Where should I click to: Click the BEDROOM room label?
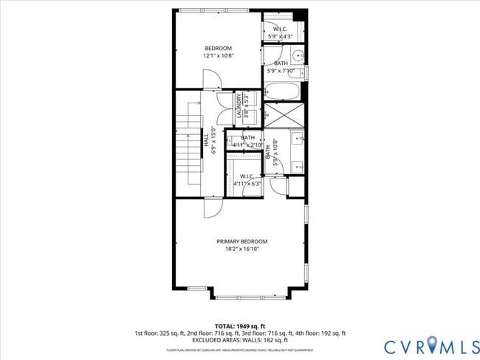tap(218, 49)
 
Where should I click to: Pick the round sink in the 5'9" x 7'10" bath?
tap(298, 55)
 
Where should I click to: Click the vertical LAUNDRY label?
tap(239, 106)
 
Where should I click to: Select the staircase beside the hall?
tap(193, 144)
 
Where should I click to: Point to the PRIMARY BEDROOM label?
tap(241, 241)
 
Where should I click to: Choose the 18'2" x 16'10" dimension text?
tap(241, 249)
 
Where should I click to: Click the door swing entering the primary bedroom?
tap(211, 207)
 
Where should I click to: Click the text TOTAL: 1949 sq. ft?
tap(239, 326)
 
